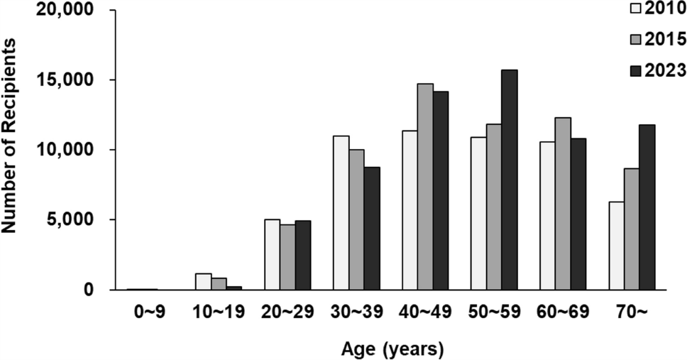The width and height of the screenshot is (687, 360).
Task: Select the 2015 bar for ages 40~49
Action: [x=425, y=187]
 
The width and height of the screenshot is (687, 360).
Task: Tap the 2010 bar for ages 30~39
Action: [x=341, y=212]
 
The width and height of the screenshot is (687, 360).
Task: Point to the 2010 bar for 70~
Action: [x=615, y=246]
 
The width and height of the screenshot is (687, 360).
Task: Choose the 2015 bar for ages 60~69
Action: [x=563, y=203]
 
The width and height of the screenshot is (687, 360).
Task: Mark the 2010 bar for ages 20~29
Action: [x=272, y=254]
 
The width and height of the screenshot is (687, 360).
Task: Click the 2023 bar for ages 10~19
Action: [x=234, y=288]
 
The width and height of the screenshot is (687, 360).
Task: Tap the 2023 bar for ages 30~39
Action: [x=372, y=228]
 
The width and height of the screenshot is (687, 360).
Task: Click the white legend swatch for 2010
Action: [x=635, y=9]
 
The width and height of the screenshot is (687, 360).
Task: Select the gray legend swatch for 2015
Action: [x=635, y=39]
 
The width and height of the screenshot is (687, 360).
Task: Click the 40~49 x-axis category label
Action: [x=425, y=312]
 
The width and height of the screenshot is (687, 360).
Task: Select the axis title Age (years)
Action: [x=393, y=349]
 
